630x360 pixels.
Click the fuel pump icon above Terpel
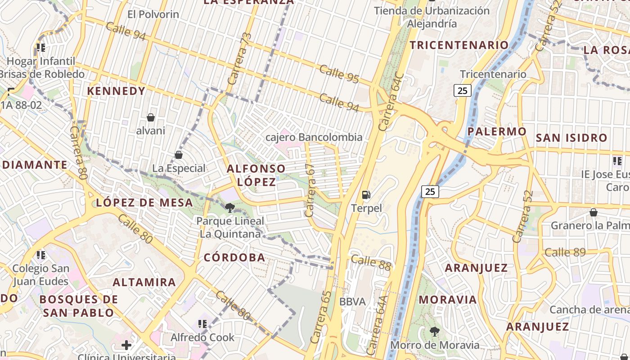[x=366, y=195]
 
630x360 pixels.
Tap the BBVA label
[x=352, y=301]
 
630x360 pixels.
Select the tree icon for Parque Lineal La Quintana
[x=230, y=207]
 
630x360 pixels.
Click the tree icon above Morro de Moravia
[x=435, y=332]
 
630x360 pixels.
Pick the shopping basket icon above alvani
[x=151, y=117]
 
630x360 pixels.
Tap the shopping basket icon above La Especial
[x=179, y=155]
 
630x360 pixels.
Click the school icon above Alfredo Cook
[x=202, y=324]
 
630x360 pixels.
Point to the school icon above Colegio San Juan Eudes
[x=41, y=255]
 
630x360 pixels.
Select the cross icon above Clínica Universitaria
[x=126, y=345]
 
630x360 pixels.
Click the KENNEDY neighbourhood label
[x=116, y=91]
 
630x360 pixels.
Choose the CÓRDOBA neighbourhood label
[x=234, y=257]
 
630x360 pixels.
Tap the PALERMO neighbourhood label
[x=497, y=131]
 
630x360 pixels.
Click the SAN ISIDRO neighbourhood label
[x=571, y=138]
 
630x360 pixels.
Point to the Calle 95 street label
[x=339, y=74]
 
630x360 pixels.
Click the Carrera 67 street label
[x=310, y=190]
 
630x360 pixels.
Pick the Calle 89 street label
[x=565, y=252]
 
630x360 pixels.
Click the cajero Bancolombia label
[x=314, y=137]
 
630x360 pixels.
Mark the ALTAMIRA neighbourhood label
[x=144, y=282]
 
